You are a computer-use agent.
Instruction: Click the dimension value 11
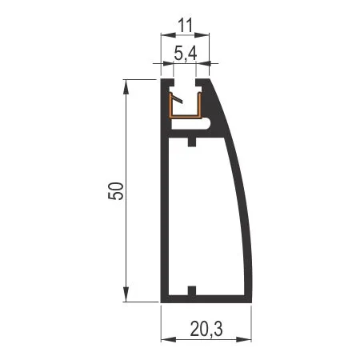[x=186, y=26]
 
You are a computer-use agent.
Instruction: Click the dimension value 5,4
[x=186, y=53]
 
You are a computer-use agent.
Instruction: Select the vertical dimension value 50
[x=116, y=191]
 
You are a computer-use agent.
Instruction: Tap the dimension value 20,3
[x=206, y=329]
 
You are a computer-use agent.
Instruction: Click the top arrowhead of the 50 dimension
[x=126, y=86]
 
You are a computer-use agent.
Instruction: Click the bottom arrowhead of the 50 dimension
[x=126, y=294]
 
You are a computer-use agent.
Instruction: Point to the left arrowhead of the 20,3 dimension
[x=169, y=339]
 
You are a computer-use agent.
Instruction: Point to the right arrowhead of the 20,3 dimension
[x=244, y=339]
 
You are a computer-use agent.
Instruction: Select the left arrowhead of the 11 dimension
[x=169, y=34]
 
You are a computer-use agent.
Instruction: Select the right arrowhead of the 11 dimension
[x=202, y=34]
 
